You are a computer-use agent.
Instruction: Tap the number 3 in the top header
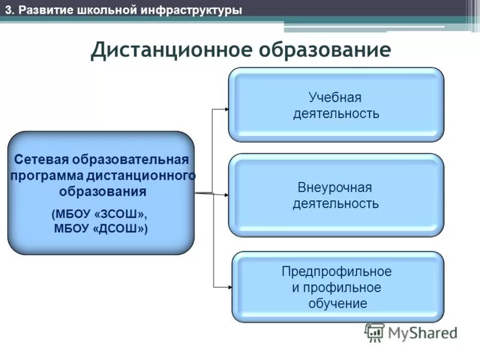coord(8,10)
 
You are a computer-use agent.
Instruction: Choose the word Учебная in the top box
coord(335,97)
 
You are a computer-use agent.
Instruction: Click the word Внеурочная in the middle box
coord(335,187)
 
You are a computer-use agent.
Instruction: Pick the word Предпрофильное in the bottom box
coord(337,271)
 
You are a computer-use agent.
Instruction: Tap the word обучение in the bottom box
coord(338,303)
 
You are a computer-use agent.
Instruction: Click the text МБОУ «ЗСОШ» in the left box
coord(99,214)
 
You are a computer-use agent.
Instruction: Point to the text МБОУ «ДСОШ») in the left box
coord(101,228)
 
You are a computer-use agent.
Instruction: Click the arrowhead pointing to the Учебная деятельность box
coord(226,109)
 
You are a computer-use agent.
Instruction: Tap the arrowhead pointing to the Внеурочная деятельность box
coord(226,194)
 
